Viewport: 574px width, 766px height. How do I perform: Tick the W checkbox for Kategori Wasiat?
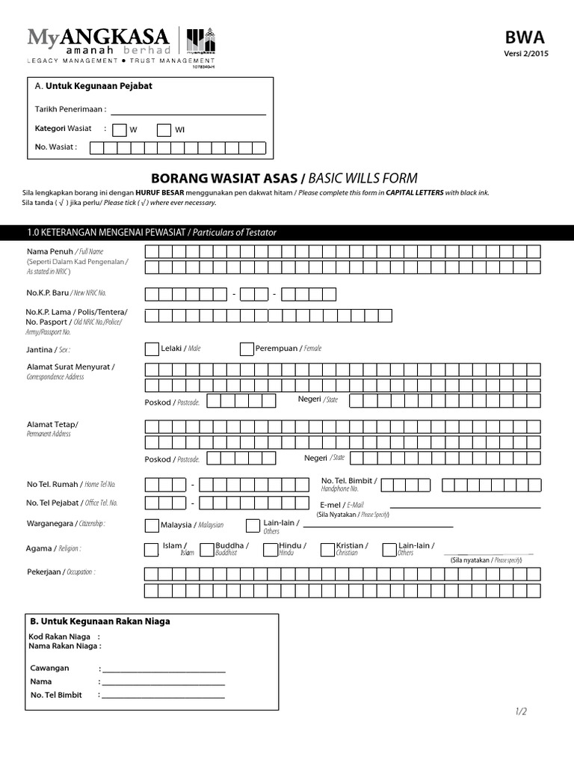click(x=120, y=129)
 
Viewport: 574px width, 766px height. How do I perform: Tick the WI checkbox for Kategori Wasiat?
click(x=164, y=129)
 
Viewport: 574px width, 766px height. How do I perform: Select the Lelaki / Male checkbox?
click(x=152, y=349)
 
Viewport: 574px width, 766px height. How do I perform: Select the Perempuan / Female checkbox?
click(x=247, y=349)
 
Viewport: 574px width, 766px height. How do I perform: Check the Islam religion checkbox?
click(x=151, y=550)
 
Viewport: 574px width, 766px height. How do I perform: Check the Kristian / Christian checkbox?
click(x=327, y=550)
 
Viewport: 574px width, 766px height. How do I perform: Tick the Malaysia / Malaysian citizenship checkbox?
click(x=151, y=525)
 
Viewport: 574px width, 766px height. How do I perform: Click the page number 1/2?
click(x=521, y=711)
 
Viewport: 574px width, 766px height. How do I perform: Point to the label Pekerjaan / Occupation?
click(x=61, y=572)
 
